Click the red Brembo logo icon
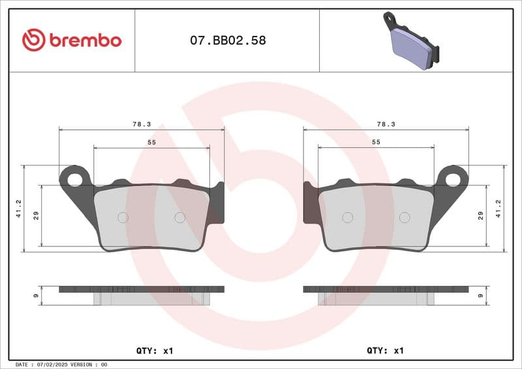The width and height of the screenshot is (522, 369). pos(33,40)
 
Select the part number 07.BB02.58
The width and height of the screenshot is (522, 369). pos(228,40)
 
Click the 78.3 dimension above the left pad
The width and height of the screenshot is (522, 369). pos(142,124)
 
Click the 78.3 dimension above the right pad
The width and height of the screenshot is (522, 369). pos(386,124)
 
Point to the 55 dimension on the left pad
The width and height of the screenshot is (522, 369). pos(151,141)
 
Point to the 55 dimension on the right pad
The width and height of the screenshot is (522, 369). pos(376,141)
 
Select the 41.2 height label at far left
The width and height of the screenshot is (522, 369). pos(19,209)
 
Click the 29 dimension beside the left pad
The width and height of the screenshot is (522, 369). pos(37,216)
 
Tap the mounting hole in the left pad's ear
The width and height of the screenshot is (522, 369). pos(74,178)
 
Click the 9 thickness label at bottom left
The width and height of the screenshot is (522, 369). pos(37,295)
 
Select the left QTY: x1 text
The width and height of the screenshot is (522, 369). pos(155,350)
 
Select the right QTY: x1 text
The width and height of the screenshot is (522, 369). pos(386,350)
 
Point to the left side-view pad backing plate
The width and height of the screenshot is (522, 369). pos(142,289)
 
